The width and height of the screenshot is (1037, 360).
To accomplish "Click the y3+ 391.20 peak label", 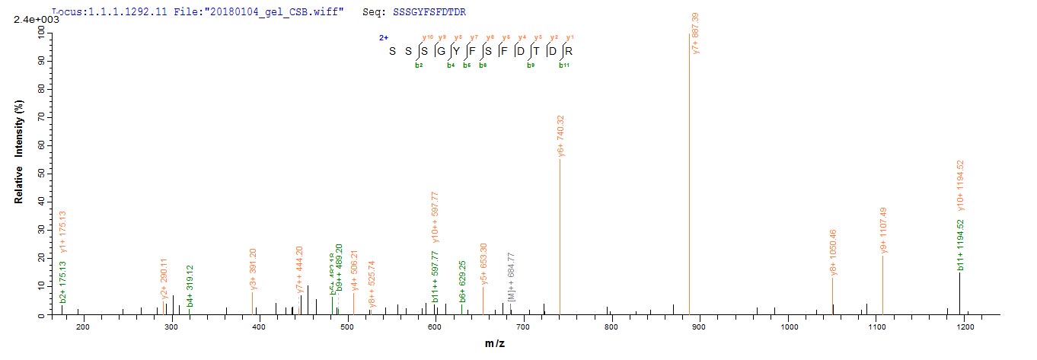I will tap(254, 270).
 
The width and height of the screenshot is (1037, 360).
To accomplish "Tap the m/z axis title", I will tap(495, 344).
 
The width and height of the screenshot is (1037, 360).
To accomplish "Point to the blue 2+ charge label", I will tap(384, 37).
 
